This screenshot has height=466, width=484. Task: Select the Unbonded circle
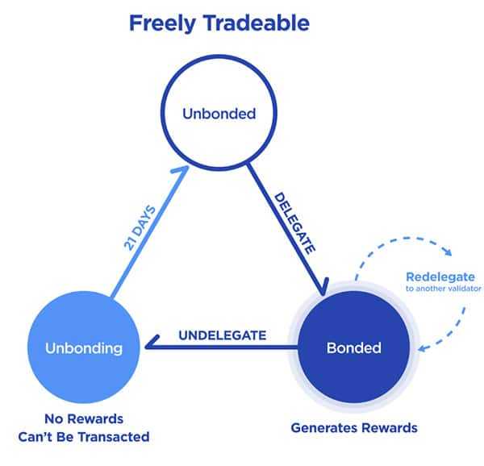[x=219, y=114]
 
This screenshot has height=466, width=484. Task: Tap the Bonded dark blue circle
[x=354, y=348]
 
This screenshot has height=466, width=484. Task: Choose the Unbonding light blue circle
[x=84, y=348]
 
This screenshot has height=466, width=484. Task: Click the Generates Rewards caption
[x=354, y=427]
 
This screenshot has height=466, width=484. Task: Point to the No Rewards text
[x=84, y=419]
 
